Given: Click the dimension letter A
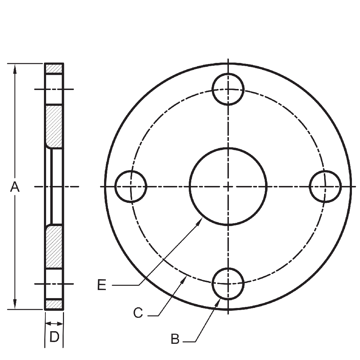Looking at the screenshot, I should pos(14,187).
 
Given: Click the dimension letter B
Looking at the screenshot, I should pos(175,339).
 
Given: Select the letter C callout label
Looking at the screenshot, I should pos(138,313).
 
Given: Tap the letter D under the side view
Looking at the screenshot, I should pos(54,337).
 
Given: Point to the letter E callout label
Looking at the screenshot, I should pos(102,285).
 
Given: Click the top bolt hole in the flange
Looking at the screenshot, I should pos(228,89).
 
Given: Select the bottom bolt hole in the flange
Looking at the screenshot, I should pos(228,283).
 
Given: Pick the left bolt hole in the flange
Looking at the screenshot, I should pos(131,186).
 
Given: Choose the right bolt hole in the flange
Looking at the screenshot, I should pos(325,186).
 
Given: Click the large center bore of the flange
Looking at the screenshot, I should pos(228,186).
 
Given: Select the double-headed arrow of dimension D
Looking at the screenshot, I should pos(54,323).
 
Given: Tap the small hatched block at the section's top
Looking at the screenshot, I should pos(54,68).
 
